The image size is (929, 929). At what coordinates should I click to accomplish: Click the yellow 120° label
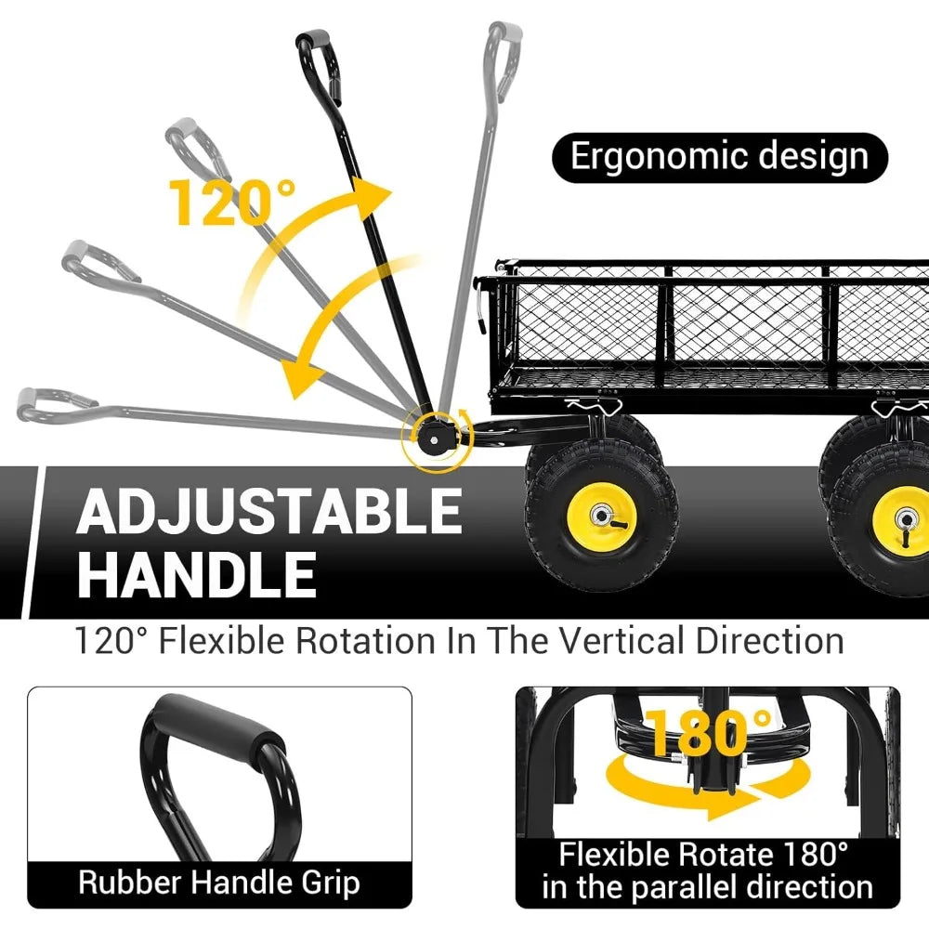[232, 202]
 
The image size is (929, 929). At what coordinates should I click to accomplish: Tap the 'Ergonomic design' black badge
[719, 158]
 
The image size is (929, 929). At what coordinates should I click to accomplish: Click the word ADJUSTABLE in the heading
[269, 511]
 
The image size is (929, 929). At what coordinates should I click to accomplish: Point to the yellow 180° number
[707, 733]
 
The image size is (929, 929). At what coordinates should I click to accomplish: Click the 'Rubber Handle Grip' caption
[219, 883]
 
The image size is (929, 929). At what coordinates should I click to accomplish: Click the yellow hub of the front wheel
[601, 516]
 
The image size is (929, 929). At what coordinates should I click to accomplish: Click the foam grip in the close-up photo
[215, 726]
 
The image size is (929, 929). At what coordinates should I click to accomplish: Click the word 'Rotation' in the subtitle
[365, 641]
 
